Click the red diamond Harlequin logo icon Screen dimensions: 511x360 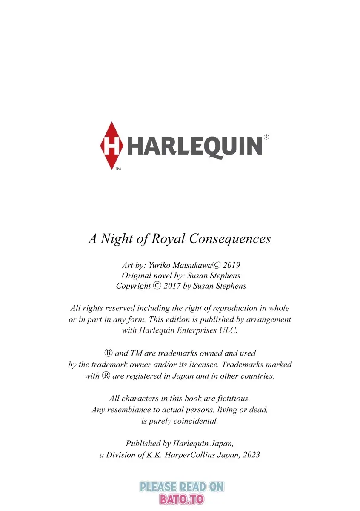tap(112, 145)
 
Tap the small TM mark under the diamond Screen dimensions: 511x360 tap(118, 169)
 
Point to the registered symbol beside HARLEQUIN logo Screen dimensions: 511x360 tap(266, 137)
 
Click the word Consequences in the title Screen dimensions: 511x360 tap(230, 238)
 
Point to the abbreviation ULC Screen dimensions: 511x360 tap(228, 330)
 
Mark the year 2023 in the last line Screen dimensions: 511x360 tap(251, 454)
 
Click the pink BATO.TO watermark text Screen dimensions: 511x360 tap(182, 499)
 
